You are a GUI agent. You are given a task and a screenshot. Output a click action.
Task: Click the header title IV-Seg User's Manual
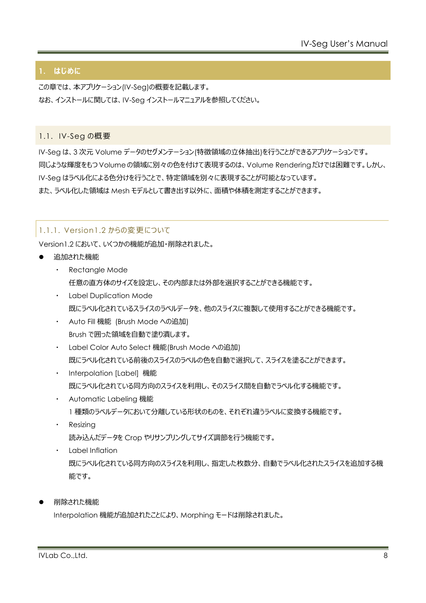(x=344, y=44)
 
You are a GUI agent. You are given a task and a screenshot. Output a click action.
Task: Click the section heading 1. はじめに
(x=60, y=71)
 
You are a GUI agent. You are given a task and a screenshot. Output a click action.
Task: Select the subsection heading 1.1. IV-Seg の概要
(x=74, y=136)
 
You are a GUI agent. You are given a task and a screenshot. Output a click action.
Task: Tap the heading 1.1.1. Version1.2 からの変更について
(x=105, y=230)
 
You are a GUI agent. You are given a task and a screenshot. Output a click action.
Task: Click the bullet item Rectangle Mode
(x=98, y=270)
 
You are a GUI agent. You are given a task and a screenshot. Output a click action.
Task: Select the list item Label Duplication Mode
(x=110, y=296)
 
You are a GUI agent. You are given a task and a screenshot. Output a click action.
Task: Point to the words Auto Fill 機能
(x=90, y=321)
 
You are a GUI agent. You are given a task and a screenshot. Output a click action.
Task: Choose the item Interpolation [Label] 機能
(x=112, y=373)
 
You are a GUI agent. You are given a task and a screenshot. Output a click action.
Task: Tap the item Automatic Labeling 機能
(x=111, y=399)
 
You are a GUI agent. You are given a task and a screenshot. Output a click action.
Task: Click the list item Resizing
(x=82, y=425)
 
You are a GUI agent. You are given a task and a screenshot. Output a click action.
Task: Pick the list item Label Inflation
(x=93, y=450)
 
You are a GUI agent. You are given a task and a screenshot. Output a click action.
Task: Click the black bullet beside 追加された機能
(x=41, y=257)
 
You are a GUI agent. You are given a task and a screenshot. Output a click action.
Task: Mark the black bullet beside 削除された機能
(x=41, y=502)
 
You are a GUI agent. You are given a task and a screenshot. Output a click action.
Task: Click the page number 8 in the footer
(x=385, y=556)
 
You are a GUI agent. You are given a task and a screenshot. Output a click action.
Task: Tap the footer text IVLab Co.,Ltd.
(x=63, y=556)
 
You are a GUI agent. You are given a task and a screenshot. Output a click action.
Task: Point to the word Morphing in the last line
(x=197, y=515)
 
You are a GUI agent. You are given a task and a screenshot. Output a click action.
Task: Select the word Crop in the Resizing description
(x=133, y=437)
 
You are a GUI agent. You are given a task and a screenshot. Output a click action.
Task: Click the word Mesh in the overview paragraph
(x=120, y=191)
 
